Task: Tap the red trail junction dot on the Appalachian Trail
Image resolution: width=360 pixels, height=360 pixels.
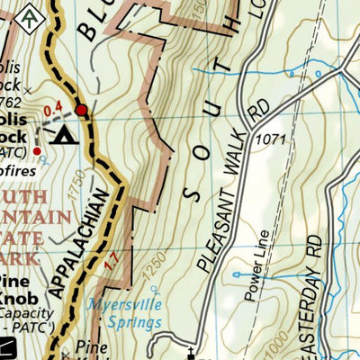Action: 82,110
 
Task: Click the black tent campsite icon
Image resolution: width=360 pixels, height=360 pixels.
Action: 64,135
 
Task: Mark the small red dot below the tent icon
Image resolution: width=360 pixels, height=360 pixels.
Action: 37,151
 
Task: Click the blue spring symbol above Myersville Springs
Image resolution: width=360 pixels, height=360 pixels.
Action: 155,290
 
